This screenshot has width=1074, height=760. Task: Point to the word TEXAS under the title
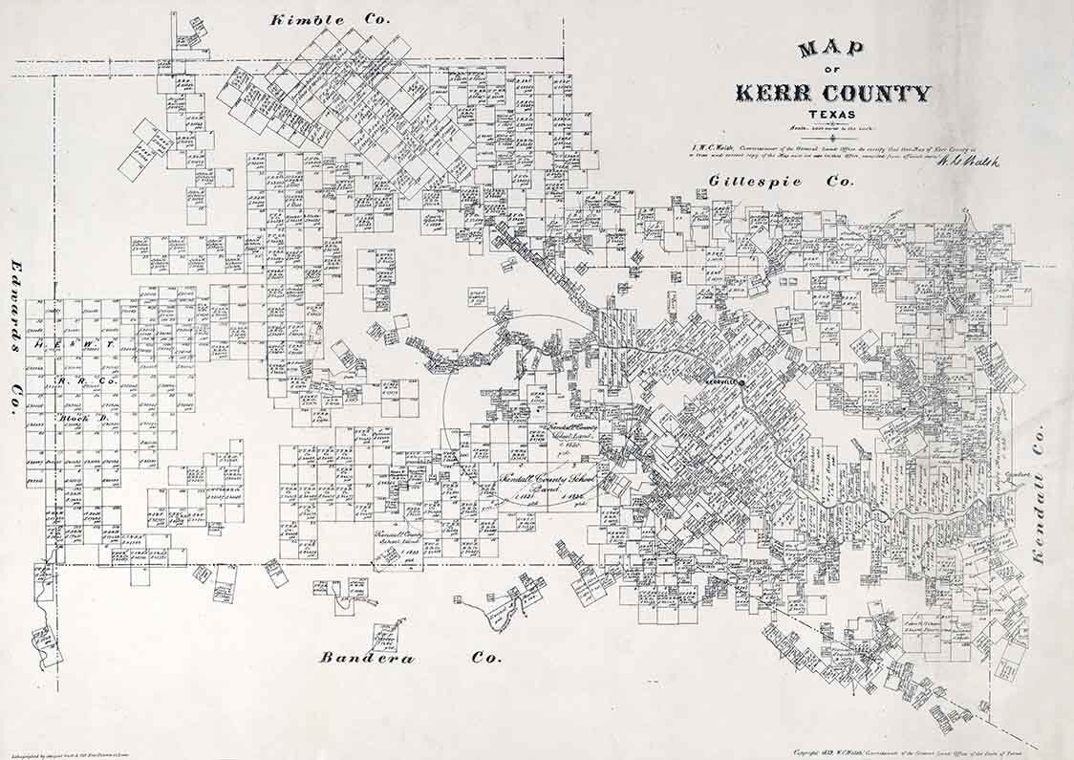[x=832, y=115]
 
